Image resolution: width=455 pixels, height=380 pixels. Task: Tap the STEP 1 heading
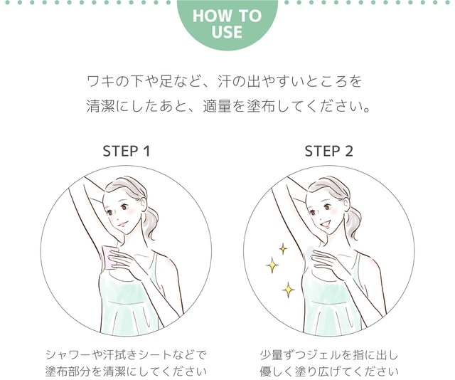[x=127, y=151]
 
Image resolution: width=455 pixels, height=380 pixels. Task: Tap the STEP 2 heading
[x=328, y=151]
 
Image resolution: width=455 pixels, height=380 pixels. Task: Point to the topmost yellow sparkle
[x=283, y=248]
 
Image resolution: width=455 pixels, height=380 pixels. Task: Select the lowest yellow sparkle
[x=288, y=290]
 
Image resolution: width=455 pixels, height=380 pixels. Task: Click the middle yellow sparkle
[x=272, y=265]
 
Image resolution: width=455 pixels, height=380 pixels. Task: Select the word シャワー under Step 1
[x=68, y=354]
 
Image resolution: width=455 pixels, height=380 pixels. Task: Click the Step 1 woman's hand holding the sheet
[x=122, y=260]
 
